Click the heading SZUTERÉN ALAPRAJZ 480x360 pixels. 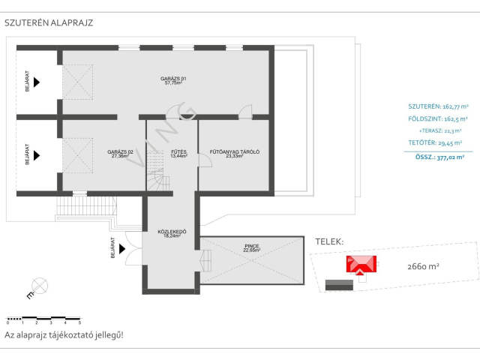(49, 22)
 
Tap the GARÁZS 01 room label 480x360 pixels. (172, 81)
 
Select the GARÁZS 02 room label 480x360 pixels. (120, 154)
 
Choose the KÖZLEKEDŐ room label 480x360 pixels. (171, 233)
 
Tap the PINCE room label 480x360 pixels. (251, 247)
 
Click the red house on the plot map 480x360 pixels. (362, 264)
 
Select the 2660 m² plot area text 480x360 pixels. (423, 265)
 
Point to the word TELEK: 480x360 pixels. (329, 242)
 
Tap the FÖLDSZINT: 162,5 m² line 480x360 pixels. (437, 118)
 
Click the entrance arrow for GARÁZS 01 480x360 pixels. (36, 81)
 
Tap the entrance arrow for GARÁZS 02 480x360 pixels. (36, 156)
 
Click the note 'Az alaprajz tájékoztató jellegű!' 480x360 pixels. (64, 335)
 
